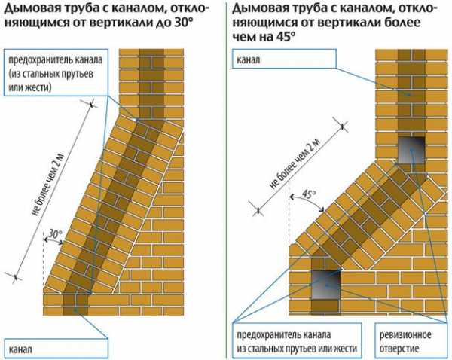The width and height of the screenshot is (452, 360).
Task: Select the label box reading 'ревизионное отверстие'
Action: coord(408,341)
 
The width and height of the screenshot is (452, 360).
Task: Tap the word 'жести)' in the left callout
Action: coord(38,88)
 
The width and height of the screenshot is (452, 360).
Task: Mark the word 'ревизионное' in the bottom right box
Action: coord(408,335)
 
